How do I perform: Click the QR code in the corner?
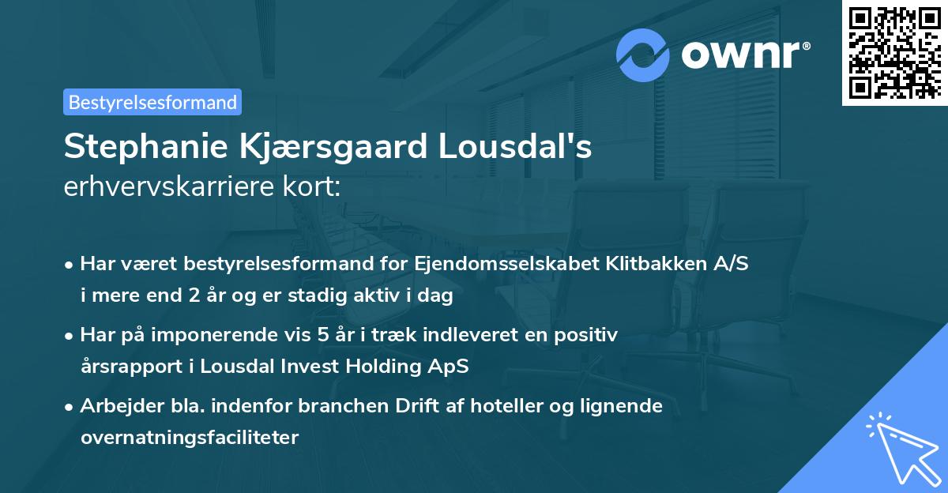click(894, 52)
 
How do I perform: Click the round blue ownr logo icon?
click(644, 55)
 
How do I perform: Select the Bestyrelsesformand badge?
click(152, 102)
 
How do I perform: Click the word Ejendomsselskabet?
click(480, 264)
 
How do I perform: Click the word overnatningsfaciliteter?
click(190, 438)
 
